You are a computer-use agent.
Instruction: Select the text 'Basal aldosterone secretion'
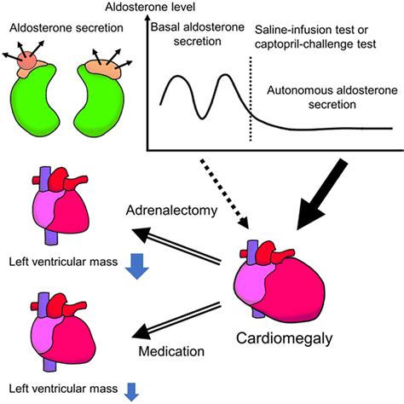(193, 36)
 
